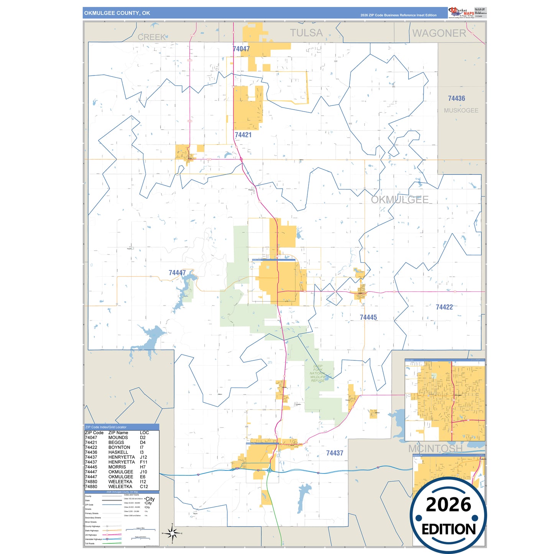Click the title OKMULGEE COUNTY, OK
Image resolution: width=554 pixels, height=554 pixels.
click(117, 13)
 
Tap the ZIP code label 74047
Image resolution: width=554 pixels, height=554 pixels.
click(241, 49)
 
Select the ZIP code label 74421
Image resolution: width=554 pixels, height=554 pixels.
click(243, 135)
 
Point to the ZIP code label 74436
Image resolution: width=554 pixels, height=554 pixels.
click(456, 99)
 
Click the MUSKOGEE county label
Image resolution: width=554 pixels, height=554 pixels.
click(461, 110)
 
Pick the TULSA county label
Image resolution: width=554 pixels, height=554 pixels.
click(306, 33)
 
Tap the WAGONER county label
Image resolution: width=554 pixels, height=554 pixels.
click(439, 33)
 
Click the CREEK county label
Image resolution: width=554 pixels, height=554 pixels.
click(152, 37)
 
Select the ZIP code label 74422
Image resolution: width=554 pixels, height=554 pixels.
click(444, 307)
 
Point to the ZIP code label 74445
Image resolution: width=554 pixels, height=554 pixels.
click(368, 317)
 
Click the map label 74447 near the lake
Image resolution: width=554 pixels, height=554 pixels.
click(177, 273)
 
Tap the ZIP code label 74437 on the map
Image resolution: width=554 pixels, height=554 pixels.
click(334, 453)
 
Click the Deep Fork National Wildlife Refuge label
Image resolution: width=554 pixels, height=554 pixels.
click(317, 373)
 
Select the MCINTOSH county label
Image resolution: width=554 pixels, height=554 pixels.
click(435, 448)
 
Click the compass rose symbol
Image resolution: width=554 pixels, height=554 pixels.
click(173, 533)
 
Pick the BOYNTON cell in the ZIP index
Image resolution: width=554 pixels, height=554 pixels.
click(119, 447)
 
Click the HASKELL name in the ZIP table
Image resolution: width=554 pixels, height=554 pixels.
click(118, 452)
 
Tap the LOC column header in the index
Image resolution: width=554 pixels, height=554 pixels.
click(144, 432)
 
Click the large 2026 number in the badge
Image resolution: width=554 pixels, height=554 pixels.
click(448, 505)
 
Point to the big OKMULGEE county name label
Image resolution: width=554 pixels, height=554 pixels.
click(399, 200)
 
